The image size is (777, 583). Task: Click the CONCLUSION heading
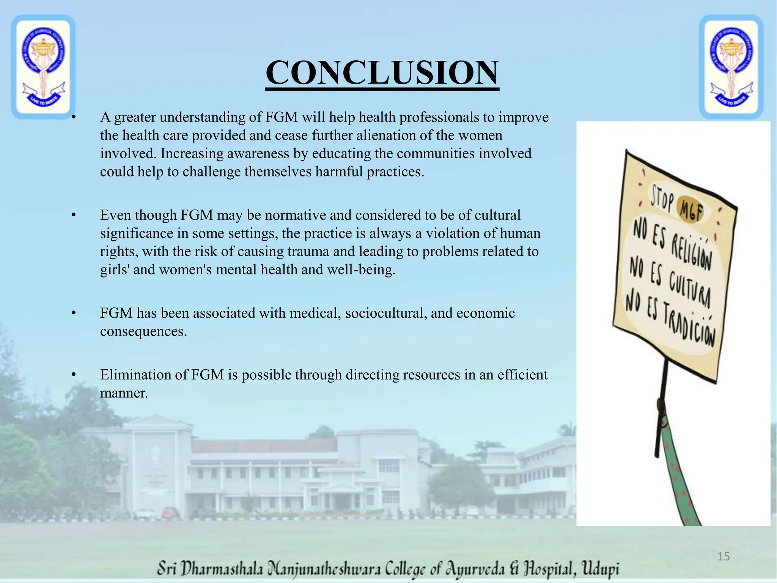(382, 73)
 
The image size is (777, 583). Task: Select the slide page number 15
(724, 556)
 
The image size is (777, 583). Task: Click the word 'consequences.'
(143, 331)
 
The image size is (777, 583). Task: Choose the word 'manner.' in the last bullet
(124, 393)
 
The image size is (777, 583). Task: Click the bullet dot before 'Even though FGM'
(74, 215)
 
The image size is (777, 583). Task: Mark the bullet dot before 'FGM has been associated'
(74, 313)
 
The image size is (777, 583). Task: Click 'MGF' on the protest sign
(691, 210)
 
